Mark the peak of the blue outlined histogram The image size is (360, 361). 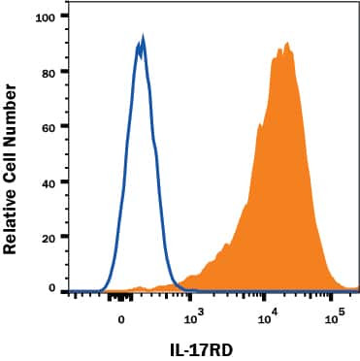tap(142, 41)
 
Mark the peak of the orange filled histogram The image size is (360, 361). tap(286, 45)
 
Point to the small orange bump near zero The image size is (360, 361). tap(140, 287)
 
